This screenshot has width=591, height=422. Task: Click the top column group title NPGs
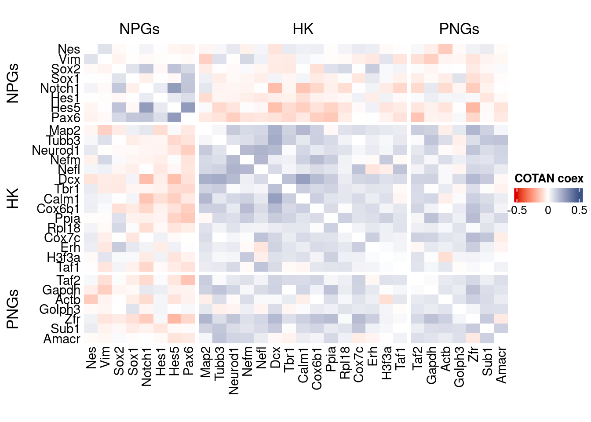coord(139,29)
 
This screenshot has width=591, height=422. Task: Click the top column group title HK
coord(303,29)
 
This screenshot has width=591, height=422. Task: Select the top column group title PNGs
coord(459,29)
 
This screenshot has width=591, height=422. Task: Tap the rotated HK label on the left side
coord(13,198)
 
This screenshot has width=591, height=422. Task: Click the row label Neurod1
coord(56,150)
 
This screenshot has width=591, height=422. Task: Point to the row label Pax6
coord(66,118)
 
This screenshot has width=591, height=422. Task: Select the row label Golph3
coord(60,309)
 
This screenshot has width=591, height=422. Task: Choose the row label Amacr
coord(62,339)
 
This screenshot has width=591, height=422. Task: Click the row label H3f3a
coord(63,257)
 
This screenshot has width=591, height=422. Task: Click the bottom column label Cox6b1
coord(317,368)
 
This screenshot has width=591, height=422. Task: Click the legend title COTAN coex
coord(549,178)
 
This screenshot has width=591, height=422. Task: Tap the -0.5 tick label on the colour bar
coord(517,210)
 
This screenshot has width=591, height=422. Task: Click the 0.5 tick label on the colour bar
coord(579,210)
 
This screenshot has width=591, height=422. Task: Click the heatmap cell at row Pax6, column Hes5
coord(175,117)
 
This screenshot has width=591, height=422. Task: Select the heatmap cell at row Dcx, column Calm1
coord(303,179)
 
